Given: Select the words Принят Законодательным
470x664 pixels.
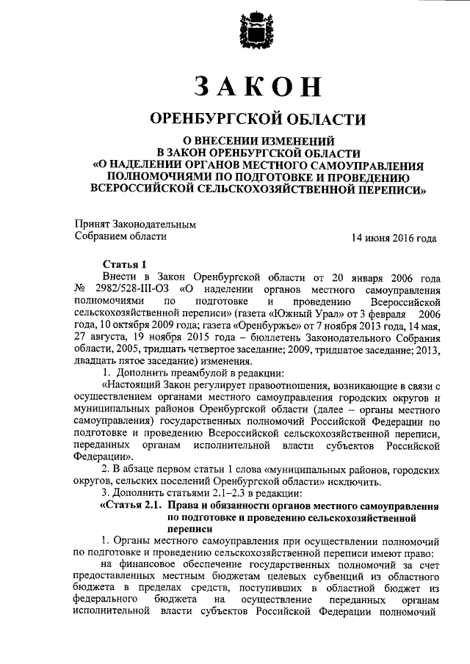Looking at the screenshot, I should click(136, 224).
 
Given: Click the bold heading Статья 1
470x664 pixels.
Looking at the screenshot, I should click(125, 263).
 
